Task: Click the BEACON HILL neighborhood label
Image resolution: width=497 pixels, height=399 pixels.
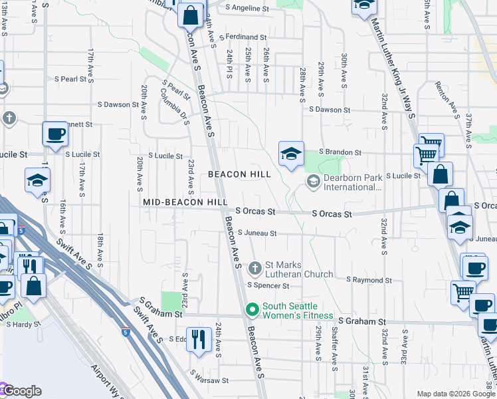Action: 239,174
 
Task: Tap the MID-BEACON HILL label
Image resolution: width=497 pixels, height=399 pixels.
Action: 185,202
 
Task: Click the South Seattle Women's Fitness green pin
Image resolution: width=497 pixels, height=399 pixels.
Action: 252,310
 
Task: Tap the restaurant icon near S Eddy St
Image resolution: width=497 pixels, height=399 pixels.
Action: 198,340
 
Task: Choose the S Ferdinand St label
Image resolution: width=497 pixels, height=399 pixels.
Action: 245,37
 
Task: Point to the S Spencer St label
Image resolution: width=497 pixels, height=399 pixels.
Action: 268,286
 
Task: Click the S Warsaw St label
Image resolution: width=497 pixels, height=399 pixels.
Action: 209,381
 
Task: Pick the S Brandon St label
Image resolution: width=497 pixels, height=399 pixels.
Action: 340,152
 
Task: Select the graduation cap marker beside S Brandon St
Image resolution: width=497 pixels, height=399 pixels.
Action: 291,154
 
